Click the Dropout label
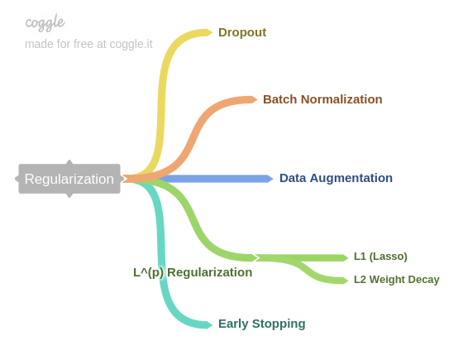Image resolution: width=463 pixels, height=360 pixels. click(241, 32)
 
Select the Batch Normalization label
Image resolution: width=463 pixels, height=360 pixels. click(322, 99)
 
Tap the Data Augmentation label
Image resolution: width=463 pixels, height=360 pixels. click(336, 178)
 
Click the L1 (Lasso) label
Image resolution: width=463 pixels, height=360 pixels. click(380, 257)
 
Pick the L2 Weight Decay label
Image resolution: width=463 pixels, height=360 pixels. click(396, 280)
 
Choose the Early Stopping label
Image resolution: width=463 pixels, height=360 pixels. click(261, 324)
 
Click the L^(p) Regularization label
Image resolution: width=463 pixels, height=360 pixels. click(193, 272)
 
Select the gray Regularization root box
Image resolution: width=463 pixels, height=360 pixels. click(69, 179)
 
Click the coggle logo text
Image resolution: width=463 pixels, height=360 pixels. click(45, 22)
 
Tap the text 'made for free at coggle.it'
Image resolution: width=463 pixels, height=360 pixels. click(88, 44)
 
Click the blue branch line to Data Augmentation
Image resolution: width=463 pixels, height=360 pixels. click(215, 179)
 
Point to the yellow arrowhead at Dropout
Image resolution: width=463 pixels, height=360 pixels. click(209, 32)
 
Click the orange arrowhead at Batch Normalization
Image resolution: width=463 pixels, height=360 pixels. click(254, 99)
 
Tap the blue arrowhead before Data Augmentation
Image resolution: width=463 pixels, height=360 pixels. click(270, 179)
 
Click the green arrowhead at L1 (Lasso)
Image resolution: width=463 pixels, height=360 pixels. click(345, 258)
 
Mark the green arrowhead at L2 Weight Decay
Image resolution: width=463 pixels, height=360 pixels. click(345, 281)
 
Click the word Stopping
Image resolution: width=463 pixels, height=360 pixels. click(280, 324)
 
